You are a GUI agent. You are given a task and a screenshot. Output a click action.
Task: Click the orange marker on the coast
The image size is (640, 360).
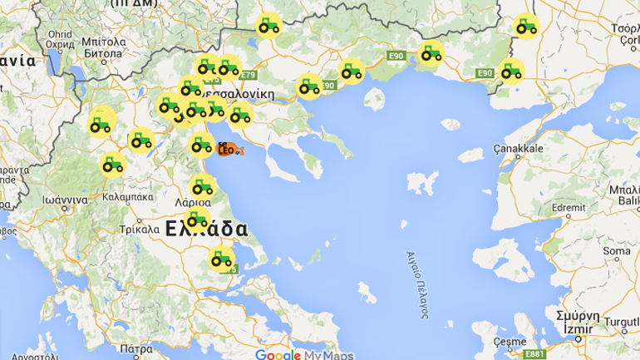[226, 150]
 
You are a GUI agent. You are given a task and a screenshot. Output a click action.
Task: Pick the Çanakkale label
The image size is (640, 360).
[518, 148]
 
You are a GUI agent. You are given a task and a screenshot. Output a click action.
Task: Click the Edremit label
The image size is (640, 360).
[568, 185]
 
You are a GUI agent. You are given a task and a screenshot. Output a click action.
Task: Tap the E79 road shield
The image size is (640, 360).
[248, 75]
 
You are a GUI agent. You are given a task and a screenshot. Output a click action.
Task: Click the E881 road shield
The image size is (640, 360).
[534, 353]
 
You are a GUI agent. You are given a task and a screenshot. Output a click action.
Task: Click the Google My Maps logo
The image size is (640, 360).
[303, 355]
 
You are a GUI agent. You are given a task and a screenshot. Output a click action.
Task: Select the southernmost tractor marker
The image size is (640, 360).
[221, 259]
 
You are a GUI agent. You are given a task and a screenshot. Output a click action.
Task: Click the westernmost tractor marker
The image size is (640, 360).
[101, 125]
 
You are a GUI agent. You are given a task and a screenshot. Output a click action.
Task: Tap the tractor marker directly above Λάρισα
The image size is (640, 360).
[201, 186]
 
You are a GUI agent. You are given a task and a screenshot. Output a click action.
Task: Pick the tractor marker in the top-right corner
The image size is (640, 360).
[525, 27]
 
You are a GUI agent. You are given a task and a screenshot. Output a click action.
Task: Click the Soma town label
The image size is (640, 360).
[616, 250]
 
